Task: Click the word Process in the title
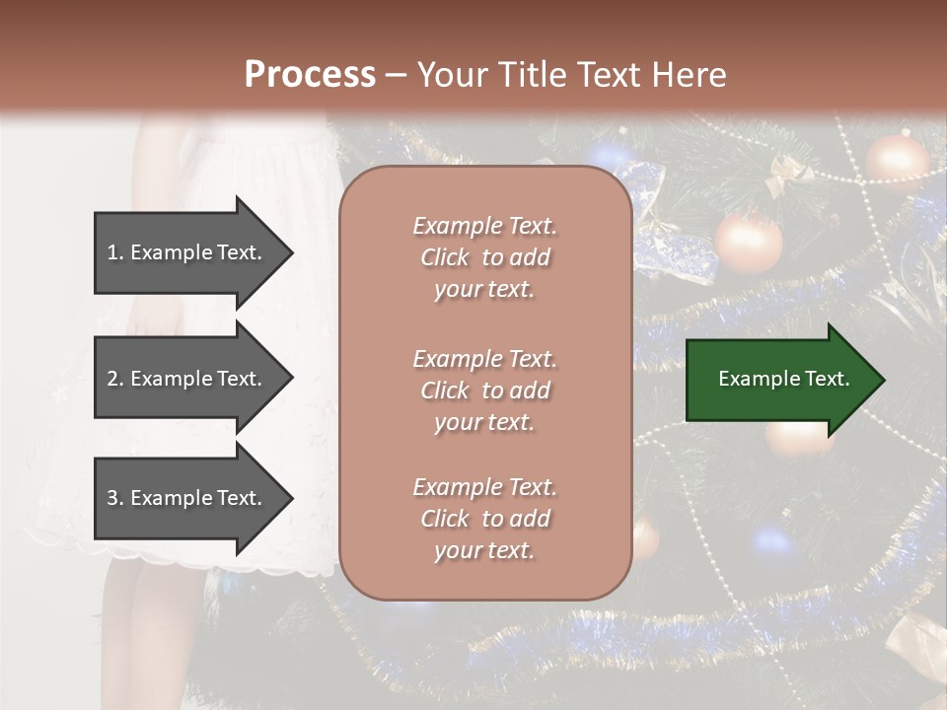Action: coord(310,75)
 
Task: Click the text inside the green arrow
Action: coord(783,379)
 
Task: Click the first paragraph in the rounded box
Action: coord(484,257)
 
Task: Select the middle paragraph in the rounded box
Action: coord(484,390)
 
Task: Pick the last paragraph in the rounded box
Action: coord(484,519)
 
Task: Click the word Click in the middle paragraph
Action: coord(444,390)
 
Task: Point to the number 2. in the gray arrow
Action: coord(115,379)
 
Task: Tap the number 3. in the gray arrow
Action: coord(115,498)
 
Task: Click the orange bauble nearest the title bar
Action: coord(897,160)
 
